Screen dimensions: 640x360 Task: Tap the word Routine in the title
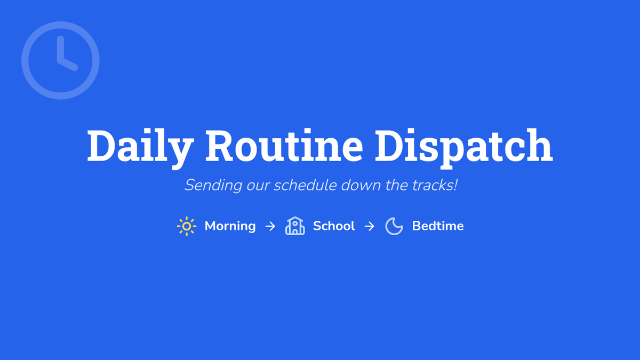284,146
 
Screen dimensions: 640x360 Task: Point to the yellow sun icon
187,226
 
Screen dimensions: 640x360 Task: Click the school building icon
295,226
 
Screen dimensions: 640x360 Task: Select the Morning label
230,226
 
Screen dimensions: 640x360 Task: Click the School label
334,226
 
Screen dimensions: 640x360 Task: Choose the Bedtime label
438,226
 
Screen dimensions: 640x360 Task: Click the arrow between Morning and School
270,227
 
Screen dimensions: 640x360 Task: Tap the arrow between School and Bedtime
369,227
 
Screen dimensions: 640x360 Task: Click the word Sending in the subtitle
213,186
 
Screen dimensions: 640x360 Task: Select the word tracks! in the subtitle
435,185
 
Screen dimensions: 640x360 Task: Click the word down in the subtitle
361,185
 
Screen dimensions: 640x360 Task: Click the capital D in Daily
101,146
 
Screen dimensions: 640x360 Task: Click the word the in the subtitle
396,185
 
